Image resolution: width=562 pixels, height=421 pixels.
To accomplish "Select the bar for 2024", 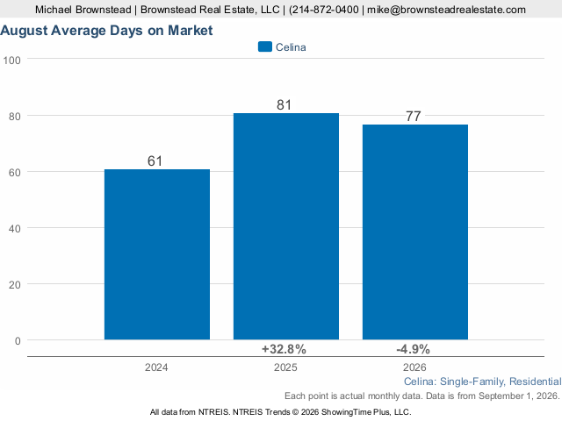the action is tap(157, 254).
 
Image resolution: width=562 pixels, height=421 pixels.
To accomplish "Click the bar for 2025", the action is tap(286, 226).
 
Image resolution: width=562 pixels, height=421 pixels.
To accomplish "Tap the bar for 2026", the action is tap(415, 232).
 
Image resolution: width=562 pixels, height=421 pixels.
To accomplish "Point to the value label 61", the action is tap(155, 161).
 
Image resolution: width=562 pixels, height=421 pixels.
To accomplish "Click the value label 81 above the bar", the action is tap(284, 105).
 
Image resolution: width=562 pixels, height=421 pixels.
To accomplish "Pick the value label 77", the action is tap(414, 117).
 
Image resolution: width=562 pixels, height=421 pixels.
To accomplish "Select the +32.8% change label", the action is tap(284, 349).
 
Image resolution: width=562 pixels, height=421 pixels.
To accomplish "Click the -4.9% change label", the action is tap(413, 349).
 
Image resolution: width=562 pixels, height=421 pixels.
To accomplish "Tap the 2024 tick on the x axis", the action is tap(156, 367).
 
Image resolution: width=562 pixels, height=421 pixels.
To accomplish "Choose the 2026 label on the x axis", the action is tap(414, 367).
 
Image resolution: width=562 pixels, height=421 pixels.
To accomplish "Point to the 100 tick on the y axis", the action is tap(11, 61).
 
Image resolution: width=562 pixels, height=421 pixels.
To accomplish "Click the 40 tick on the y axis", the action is tap(15, 228).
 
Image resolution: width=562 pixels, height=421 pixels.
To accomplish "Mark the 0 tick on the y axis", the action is tap(18, 341).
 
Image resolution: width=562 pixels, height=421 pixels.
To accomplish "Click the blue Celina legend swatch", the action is tap(265, 46).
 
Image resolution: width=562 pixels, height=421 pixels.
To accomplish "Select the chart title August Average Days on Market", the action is tap(106, 31).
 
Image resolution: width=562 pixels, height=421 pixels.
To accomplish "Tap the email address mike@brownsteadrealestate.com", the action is tap(446, 10).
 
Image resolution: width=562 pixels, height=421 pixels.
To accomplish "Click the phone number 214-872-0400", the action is tap(326, 10).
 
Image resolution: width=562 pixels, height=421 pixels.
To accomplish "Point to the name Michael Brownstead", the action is tap(83, 10).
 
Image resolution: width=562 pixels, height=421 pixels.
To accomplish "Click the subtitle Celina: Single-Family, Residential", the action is tap(483, 382).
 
